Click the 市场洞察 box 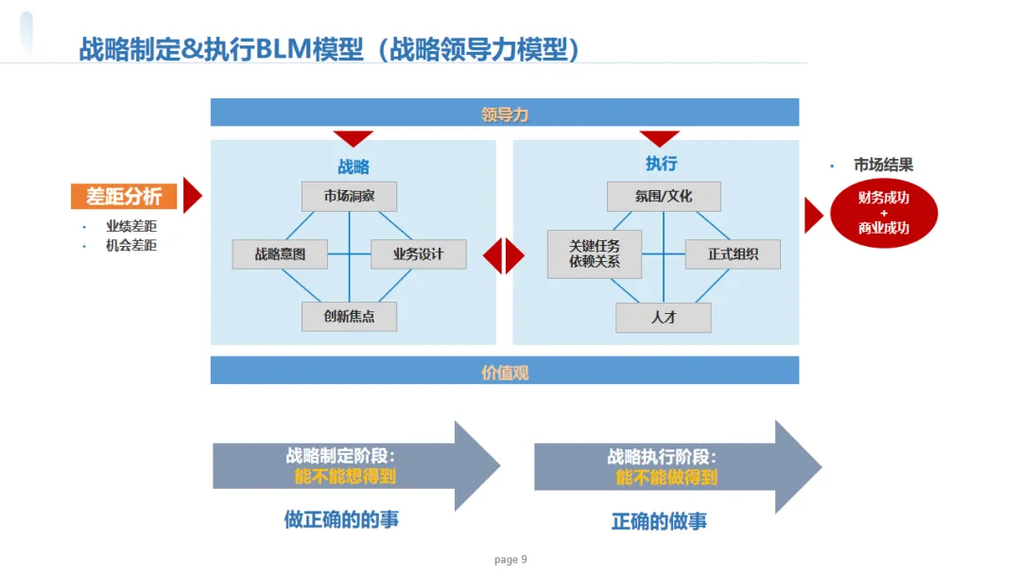click(x=349, y=196)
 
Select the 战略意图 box click(x=280, y=254)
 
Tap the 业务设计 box click(x=418, y=254)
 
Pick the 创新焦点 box click(x=349, y=316)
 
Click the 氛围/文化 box click(x=664, y=196)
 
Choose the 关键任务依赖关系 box click(x=595, y=253)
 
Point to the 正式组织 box click(x=733, y=254)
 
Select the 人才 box click(x=664, y=318)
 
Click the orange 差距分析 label click(x=124, y=196)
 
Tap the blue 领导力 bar click(x=505, y=113)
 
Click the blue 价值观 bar click(x=505, y=371)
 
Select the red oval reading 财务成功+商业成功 click(x=884, y=213)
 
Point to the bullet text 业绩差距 click(x=131, y=226)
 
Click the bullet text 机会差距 click(x=131, y=245)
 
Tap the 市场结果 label click(x=884, y=166)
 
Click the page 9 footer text click(x=510, y=560)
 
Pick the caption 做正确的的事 click(x=341, y=519)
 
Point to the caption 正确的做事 click(x=659, y=521)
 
